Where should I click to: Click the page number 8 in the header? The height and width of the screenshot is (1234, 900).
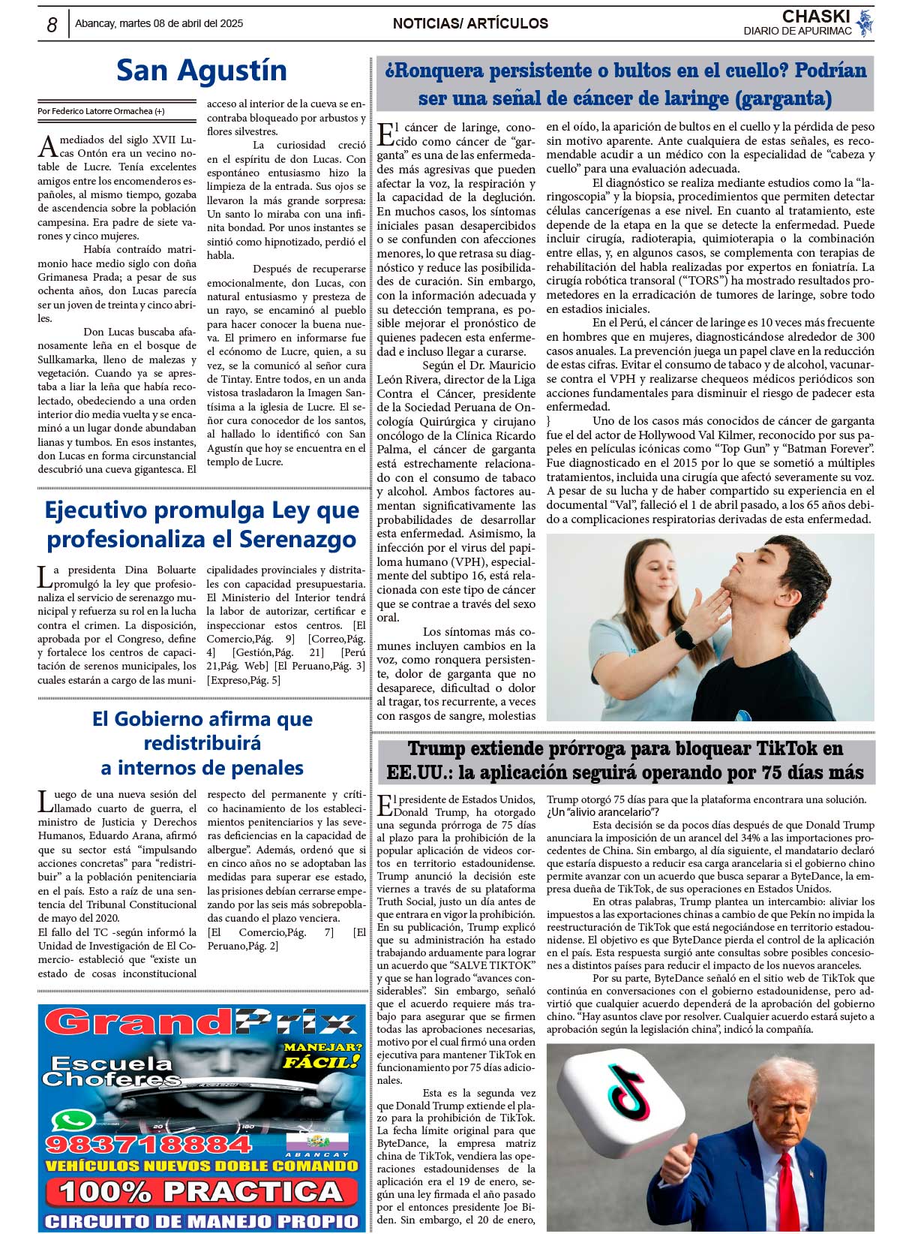pyautogui.click(x=52, y=25)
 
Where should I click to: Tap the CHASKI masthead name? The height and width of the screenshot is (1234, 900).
pyautogui.click(x=815, y=17)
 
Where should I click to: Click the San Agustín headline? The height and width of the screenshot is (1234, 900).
pyautogui.click(x=201, y=71)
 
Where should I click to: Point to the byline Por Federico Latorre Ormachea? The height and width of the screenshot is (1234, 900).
pyautogui.click(x=100, y=111)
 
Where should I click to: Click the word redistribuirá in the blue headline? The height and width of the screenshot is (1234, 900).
pyautogui.click(x=202, y=743)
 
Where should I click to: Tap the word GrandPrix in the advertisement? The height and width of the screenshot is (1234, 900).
pyautogui.click(x=201, y=1022)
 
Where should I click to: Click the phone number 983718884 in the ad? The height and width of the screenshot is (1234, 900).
pyautogui.click(x=148, y=1145)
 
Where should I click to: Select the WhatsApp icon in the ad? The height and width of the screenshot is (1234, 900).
pyautogui.click(x=73, y=1121)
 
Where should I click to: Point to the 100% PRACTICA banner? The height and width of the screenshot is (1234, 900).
pyautogui.click(x=201, y=1191)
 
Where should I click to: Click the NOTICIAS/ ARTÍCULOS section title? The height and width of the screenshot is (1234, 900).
pyautogui.click(x=470, y=23)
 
